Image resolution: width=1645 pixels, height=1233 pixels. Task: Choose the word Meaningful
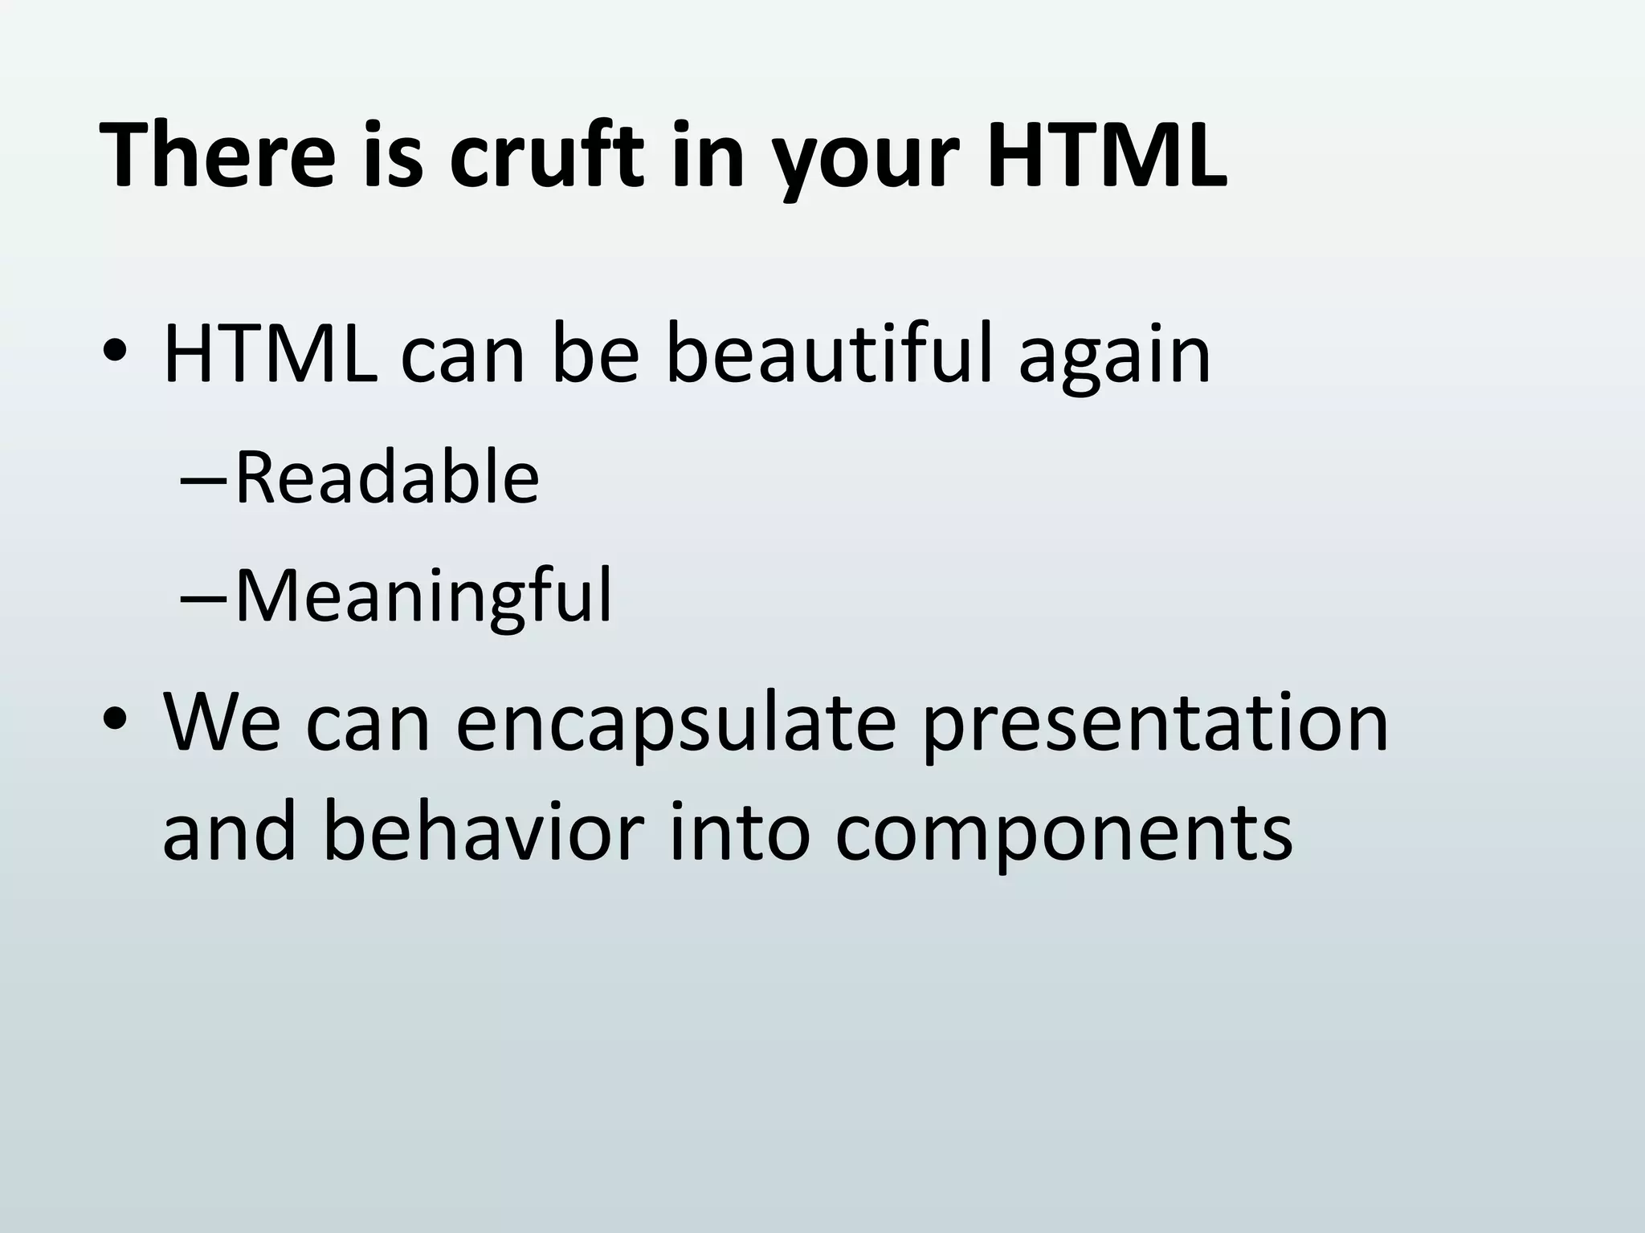[x=423, y=596]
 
